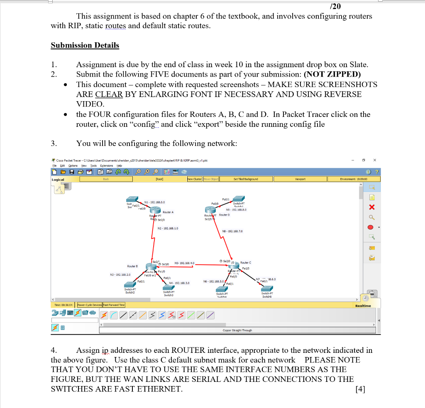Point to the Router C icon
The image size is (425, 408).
234,265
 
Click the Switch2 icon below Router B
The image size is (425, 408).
130,285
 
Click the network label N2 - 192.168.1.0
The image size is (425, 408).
168,228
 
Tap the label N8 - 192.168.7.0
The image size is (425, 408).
233,231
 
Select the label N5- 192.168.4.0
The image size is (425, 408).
185,263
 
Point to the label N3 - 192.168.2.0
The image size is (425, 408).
120,274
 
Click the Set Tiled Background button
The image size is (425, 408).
245,179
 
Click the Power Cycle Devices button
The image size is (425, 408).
89,305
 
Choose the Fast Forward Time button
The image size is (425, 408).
114,305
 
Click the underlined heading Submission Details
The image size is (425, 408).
85,45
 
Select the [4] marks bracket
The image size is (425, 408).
360,389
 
